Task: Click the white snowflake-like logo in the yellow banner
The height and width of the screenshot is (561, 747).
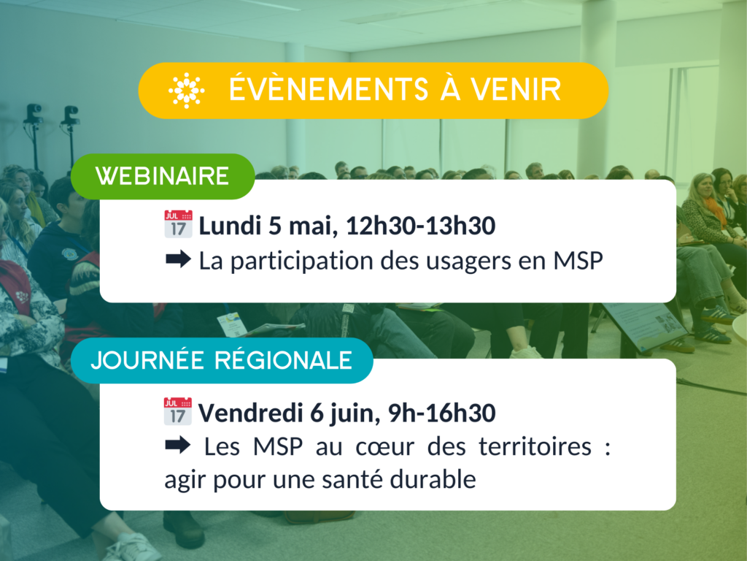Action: (x=186, y=90)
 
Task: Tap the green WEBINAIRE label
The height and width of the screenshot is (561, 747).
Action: (x=163, y=176)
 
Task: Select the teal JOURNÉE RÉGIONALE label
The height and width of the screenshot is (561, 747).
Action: (x=222, y=360)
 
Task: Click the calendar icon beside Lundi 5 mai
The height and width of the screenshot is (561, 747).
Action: (x=178, y=224)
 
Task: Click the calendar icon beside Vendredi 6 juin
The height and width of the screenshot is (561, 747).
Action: (x=178, y=411)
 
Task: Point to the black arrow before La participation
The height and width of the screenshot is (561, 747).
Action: (x=179, y=259)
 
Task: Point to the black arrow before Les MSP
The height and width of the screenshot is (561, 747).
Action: (x=178, y=446)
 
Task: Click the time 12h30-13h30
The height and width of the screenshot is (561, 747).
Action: (x=421, y=226)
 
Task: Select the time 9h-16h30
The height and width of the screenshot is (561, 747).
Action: (x=441, y=413)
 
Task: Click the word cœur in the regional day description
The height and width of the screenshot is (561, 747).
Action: (x=385, y=448)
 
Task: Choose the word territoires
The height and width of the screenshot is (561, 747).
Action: (x=535, y=447)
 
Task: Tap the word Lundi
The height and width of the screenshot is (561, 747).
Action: (x=230, y=225)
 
